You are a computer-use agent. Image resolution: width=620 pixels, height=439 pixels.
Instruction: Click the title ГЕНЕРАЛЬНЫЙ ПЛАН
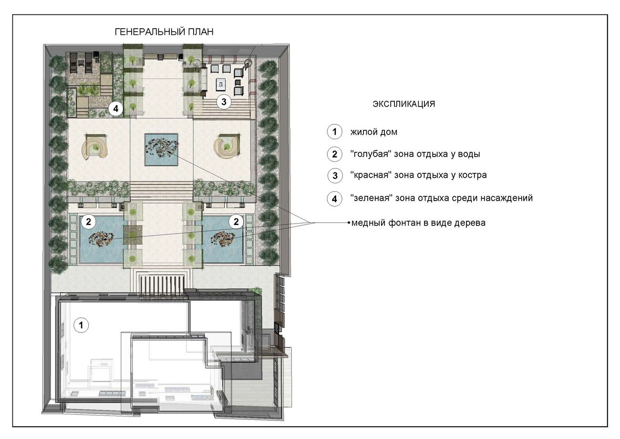pyautogui.click(x=164, y=32)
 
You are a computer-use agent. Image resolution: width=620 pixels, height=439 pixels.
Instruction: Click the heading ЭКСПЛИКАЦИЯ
pyautogui.click(x=404, y=104)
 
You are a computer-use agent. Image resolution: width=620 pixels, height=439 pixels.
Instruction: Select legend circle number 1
pyautogui.click(x=335, y=131)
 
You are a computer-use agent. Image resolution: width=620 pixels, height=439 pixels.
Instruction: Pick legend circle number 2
pyautogui.click(x=335, y=154)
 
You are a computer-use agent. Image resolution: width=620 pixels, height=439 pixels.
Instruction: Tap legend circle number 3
pyautogui.click(x=335, y=175)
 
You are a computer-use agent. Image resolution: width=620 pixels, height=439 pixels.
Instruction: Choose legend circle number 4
pyautogui.click(x=335, y=199)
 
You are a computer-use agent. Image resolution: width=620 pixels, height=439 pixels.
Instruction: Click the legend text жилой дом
pyautogui.click(x=373, y=132)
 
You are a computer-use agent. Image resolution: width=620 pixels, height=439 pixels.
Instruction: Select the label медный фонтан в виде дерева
pyautogui.click(x=418, y=223)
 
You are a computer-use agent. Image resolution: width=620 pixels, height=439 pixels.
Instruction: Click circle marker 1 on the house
pyautogui.click(x=81, y=325)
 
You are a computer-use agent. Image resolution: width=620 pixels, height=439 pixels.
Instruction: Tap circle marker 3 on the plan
pyautogui.click(x=224, y=102)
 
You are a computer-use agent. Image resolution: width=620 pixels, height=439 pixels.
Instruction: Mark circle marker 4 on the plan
pyautogui.click(x=116, y=108)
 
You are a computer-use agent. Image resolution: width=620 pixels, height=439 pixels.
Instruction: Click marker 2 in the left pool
pyautogui.click(x=88, y=222)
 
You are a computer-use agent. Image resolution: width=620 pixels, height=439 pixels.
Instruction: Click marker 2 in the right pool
pyautogui.click(x=236, y=222)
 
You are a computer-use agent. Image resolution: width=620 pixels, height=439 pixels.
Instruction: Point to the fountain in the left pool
pyautogui.click(x=101, y=239)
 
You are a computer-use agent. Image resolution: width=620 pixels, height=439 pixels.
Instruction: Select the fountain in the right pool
pyautogui.click(x=223, y=239)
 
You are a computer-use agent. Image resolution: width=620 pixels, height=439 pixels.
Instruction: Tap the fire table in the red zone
pyautogui.click(x=220, y=84)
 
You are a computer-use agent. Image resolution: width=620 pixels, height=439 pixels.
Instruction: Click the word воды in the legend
pyautogui.click(x=469, y=154)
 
